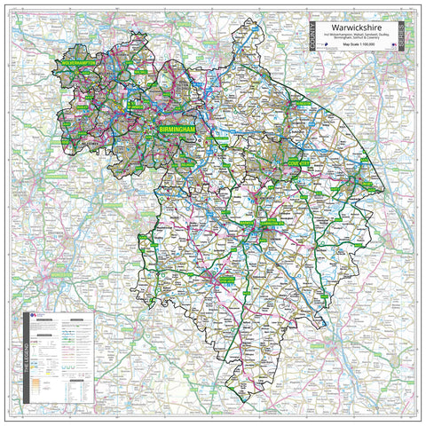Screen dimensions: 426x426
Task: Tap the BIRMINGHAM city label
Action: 175,130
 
